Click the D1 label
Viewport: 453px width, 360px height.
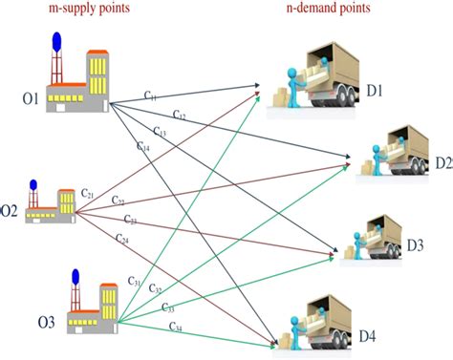(x=373, y=91)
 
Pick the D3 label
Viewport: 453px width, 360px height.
(x=415, y=245)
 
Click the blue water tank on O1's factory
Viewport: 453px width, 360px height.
(x=55, y=40)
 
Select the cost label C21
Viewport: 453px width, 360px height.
(x=87, y=194)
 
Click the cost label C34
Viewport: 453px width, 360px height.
(x=177, y=327)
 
